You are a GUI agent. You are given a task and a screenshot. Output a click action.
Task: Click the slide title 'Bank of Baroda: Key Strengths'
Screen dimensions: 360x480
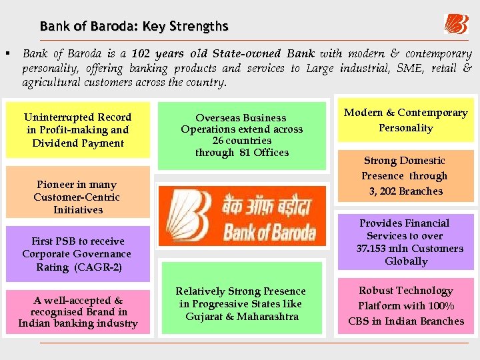point(134,27)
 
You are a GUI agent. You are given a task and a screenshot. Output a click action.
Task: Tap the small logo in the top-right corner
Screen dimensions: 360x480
point(456,24)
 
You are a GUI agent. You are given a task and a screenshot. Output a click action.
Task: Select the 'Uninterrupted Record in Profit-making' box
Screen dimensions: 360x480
point(78,130)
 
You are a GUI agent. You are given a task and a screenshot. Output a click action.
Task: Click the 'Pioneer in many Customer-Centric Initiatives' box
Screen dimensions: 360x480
point(78,197)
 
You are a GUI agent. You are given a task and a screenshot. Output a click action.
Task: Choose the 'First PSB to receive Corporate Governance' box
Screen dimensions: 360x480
point(77,254)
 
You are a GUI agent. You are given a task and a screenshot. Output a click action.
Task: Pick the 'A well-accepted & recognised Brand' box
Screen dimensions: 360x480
point(78,312)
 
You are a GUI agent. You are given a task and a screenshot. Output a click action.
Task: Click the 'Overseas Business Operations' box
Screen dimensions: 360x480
point(241,135)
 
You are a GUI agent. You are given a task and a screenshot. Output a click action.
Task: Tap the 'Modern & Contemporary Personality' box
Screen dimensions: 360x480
point(405,120)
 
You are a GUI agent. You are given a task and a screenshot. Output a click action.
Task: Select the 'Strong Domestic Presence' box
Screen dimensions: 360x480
point(405,176)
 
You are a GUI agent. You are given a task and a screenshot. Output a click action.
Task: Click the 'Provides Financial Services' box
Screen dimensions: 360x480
point(405,242)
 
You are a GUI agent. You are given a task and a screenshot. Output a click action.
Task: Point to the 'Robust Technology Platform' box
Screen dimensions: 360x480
point(405,305)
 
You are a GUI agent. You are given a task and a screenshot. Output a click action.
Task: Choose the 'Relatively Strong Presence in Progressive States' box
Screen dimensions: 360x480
point(241,303)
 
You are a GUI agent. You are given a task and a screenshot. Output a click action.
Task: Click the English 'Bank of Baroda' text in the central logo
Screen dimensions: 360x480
point(269,234)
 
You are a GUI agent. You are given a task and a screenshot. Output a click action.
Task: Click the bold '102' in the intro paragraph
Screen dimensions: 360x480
point(142,53)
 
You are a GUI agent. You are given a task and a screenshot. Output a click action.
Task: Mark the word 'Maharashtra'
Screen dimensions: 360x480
point(269,316)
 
